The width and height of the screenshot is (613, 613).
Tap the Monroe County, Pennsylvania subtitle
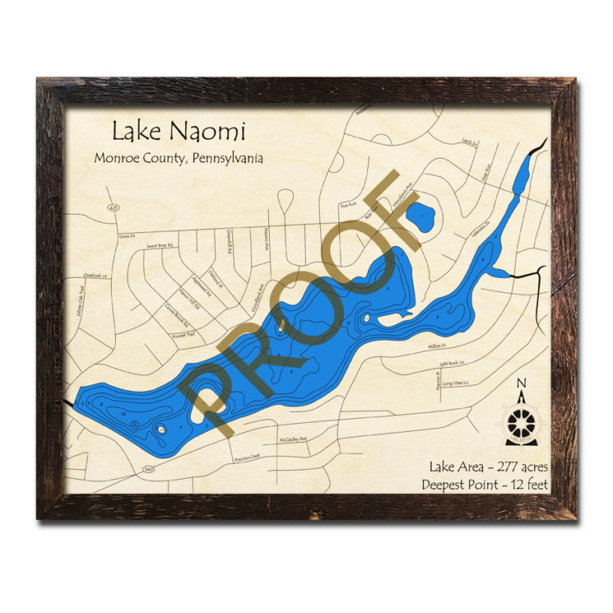pos(178,158)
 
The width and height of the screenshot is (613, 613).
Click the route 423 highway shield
pos(113,207)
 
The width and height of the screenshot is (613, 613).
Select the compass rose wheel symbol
pos(522,418)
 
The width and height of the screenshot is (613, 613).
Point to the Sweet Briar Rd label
pos(160,246)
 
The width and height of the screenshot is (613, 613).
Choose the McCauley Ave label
pos(293,440)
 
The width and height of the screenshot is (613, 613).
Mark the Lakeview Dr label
pos(479,231)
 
